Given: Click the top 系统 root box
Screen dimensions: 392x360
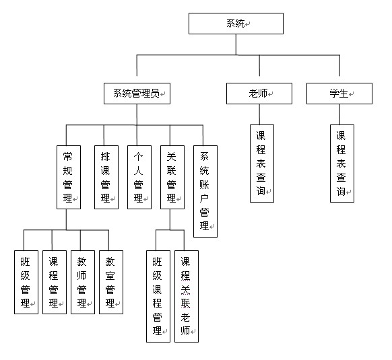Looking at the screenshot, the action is point(236,24).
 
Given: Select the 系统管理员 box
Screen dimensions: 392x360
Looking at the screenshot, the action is point(137,94).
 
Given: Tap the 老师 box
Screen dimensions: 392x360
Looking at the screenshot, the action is point(259,94).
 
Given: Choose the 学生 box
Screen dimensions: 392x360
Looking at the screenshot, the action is point(339,94).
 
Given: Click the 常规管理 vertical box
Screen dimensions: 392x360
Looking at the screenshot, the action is point(69,177).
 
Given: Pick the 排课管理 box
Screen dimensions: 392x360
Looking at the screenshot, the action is point(106,177).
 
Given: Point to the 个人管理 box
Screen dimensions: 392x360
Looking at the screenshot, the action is point(139,177).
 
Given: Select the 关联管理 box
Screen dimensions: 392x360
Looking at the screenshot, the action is point(172,177).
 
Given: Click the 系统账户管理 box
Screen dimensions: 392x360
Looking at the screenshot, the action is point(205,191).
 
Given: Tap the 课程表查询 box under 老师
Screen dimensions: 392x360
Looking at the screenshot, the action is point(262,164).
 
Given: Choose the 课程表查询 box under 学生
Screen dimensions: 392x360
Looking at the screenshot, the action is point(342,164).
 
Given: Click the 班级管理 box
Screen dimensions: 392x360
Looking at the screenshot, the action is point(26,282).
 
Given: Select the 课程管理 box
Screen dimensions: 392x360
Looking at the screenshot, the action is point(55,282).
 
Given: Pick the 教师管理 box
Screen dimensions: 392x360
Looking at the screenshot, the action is point(83,282).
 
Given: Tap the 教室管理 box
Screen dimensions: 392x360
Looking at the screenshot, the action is point(111,282).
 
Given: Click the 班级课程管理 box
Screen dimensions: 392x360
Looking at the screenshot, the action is point(158,296).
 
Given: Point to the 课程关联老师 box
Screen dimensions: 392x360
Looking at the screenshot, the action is point(187,296).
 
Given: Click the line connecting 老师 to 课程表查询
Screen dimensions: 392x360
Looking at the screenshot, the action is point(259,114).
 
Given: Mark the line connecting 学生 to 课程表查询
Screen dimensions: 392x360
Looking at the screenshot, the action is point(339,114).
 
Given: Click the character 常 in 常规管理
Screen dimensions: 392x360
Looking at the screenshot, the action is point(67,157).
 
